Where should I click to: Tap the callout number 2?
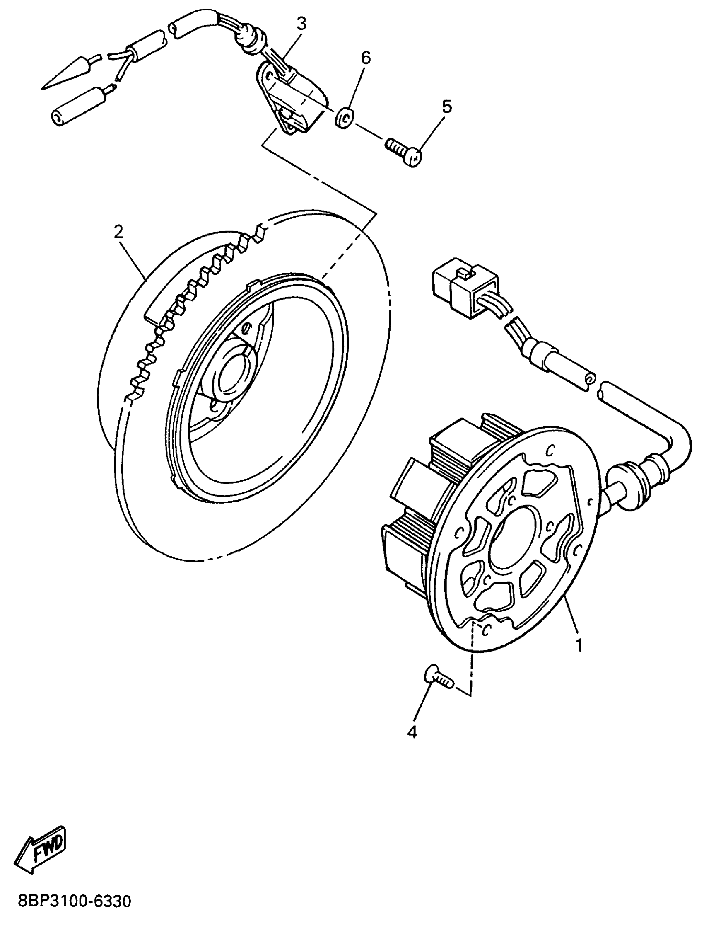click(x=119, y=232)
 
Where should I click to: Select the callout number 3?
click(x=302, y=24)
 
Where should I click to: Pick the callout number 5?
click(x=447, y=107)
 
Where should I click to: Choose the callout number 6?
click(x=366, y=58)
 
